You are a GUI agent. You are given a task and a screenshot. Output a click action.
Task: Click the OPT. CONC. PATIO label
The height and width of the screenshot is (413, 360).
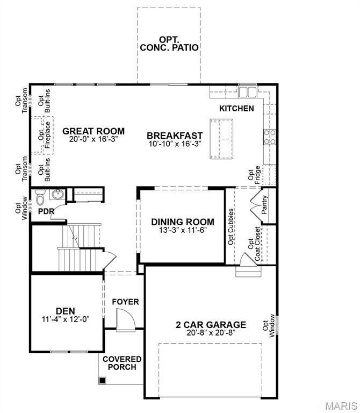click(169, 44)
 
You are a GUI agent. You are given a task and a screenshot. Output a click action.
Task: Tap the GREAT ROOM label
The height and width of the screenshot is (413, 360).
click(93, 131)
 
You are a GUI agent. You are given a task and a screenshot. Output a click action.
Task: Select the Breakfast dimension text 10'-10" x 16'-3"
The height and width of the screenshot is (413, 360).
click(175, 144)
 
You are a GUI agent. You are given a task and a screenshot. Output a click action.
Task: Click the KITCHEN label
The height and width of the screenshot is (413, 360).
click(236, 108)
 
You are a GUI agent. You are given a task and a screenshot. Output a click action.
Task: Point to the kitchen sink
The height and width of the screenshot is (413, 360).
click(248, 92)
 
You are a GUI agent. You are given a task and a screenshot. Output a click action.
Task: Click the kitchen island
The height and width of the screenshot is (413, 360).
click(222, 138)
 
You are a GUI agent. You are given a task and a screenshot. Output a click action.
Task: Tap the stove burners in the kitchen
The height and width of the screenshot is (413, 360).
click(269, 137)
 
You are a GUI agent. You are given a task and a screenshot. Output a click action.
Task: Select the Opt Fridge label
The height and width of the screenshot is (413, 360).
click(254, 177)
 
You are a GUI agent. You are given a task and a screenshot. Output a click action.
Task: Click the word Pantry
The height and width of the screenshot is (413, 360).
click(264, 205)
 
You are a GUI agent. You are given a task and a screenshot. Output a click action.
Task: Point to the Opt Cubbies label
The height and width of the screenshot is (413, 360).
click(231, 226)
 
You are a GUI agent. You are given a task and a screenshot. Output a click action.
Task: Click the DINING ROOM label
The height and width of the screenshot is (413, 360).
click(183, 222)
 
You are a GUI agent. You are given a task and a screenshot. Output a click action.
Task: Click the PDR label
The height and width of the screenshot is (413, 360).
click(46, 211)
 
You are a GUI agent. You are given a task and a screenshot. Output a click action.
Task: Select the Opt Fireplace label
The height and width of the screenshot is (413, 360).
click(44, 135)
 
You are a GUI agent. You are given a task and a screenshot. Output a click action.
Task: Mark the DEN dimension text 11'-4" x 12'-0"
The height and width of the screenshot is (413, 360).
click(65, 318)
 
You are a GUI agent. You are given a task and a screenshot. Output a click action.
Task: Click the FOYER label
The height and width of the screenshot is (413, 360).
click(125, 302)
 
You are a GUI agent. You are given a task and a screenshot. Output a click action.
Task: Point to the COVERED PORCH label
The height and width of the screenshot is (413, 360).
click(122, 363)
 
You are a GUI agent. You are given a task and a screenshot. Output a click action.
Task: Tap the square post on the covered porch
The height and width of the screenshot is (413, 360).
click(102, 380)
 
